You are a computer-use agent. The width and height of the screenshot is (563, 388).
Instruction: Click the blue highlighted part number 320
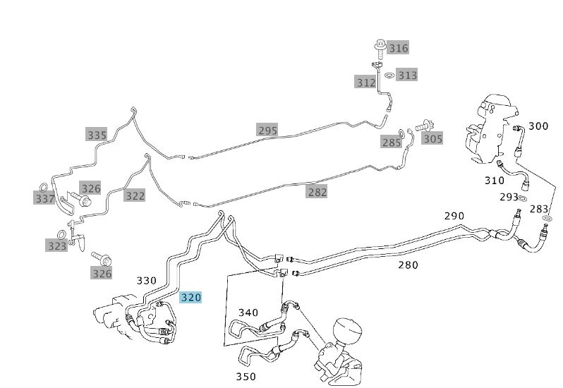tap(190, 298)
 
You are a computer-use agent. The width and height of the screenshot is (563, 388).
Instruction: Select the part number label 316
tap(398, 48)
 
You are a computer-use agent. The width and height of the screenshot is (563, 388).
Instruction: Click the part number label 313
tap(407, 75)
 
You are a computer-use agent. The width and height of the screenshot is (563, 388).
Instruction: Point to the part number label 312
tap(365, 83)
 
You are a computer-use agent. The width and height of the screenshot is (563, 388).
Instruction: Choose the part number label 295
tap(267, 130)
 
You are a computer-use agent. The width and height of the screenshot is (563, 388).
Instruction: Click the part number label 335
tap(97, 135)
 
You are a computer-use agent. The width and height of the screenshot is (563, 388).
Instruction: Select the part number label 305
tap(432, 138)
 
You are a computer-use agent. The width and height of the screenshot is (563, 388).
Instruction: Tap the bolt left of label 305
tap(423, 126)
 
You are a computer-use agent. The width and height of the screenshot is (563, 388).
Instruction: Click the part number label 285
tap(391, 143)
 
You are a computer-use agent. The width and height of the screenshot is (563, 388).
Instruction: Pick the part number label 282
tap(317, 191)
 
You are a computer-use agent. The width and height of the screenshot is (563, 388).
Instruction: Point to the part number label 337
tap(44, 199)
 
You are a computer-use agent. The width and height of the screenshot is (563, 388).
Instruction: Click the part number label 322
tap(134, 195)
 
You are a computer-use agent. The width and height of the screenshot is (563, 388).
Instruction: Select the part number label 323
tap(56, 246)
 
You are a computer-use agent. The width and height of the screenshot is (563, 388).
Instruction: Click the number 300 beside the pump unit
tap(538, 126)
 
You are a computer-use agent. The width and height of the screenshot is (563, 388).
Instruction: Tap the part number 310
tap(494, 181)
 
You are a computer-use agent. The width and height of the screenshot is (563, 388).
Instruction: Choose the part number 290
tap(454, 215)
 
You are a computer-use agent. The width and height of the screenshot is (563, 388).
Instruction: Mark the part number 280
tap(408, 265)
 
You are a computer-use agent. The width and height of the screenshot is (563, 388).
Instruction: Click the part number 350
tap(246, 377)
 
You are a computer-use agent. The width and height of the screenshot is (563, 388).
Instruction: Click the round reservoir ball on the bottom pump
tap(346, 331)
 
